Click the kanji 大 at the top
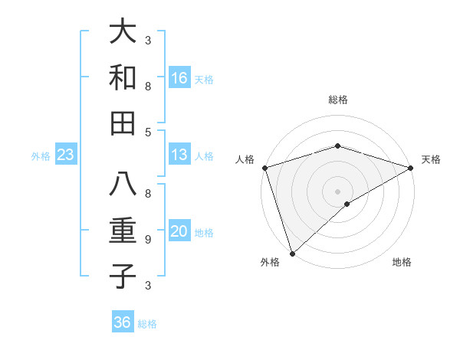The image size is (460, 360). click(x=123, y=33)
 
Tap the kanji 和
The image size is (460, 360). click(x=123, y=78)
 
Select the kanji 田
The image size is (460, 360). click(x=123, y=123)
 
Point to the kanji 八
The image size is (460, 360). click(x=123, y=186)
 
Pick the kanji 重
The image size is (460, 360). click(x=123, y=231)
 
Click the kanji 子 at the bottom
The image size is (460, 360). click(x=123, y=276)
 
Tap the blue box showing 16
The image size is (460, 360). click(x=179, y=78)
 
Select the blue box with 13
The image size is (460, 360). click(x=179, y=155)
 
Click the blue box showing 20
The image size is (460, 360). click(x=179, y=232)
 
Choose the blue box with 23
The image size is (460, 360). click(x=66, y=155)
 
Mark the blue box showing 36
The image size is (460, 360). click(x=123, y=322)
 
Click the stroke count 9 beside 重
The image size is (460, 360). click(x=148, y=240)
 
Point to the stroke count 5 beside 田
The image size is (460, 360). click(x=148, y=132)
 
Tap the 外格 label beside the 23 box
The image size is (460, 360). click(x=41, y=156)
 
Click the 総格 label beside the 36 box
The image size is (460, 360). click(x=147, y=323)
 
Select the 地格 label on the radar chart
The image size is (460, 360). click(x=402, y=262)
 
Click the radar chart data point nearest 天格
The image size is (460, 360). click(x=411, y=168)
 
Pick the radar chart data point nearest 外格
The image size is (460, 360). click(x=292, y=253)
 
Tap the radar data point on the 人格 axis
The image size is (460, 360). click(x=264, y=168)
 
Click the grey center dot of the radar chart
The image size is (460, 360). click(x=337, y=191)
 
